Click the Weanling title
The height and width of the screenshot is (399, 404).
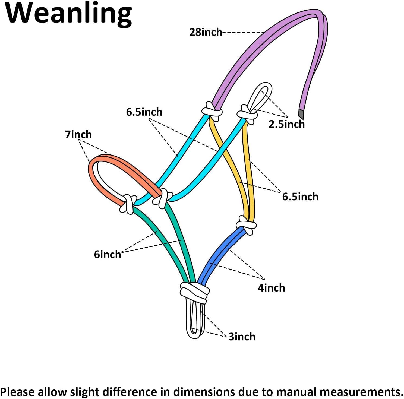[69, 14]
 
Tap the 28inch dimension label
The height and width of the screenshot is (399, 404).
[206, 32]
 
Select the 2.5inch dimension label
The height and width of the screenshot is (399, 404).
[286, 124]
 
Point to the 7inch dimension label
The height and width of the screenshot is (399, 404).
[78, 134]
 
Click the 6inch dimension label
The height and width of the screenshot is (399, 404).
[107, 255]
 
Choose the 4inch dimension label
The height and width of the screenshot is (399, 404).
[271, 288]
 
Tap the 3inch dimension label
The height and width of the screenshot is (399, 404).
[242, 337]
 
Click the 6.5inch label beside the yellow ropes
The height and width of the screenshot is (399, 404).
[300, 197]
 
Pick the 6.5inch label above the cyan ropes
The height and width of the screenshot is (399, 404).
[144, 112]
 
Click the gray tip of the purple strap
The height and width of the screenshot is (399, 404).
[301, 114]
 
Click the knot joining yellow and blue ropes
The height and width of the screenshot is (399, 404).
[246, 225]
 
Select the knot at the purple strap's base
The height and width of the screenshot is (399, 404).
[212, 111]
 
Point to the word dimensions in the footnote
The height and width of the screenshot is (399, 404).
[204, 392]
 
